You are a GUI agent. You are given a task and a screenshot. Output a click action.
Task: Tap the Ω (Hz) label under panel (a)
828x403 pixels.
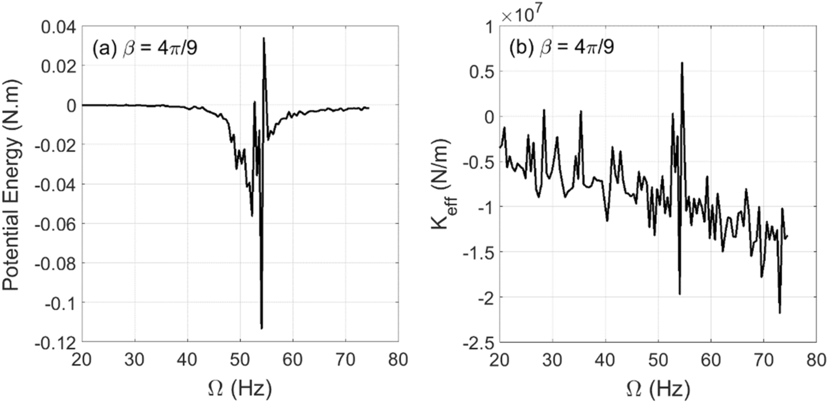(x=240, y=388)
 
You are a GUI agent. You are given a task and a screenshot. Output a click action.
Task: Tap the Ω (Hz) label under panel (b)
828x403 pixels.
(x=658, y=388)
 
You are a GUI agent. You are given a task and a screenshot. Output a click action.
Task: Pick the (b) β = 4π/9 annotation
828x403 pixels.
(x=562, y=47)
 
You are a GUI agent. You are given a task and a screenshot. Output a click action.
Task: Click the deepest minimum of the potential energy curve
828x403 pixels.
(x=261, y=328)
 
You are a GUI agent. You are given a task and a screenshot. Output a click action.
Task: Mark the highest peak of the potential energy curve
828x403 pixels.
(x=264, y=38)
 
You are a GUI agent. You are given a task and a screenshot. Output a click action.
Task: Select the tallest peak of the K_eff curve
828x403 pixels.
(x=682, y=63)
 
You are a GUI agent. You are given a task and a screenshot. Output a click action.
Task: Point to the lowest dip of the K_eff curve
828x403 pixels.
(x=780, y=313)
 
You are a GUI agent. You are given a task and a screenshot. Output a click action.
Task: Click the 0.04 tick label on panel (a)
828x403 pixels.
(x=58, y=27)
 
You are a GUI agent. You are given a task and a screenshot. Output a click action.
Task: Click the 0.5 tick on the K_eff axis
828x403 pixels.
(x=482, y=72)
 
